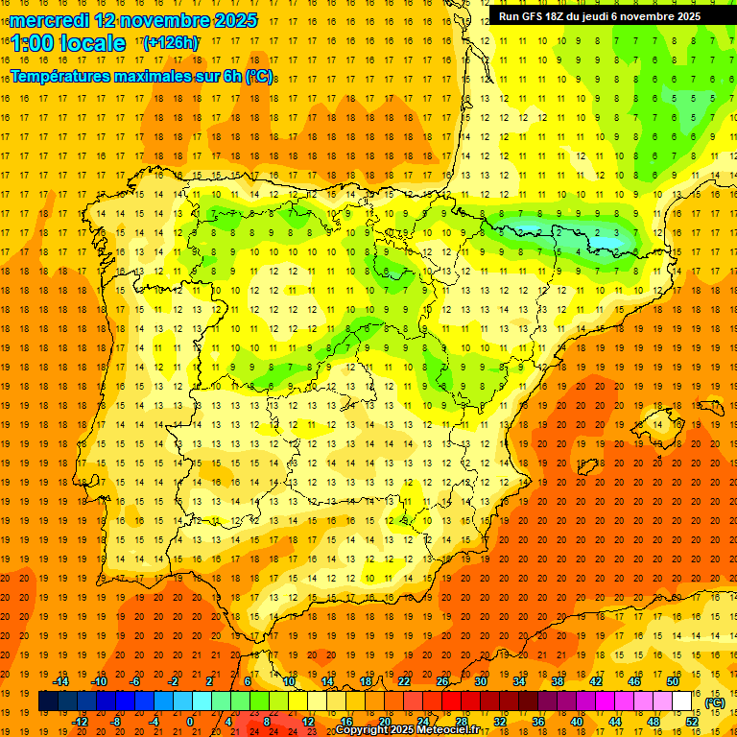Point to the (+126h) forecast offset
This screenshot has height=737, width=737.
coord(171,43)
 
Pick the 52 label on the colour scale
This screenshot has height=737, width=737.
coord(692,722)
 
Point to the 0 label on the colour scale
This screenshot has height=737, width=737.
coord(191,722)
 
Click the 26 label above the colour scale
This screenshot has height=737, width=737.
coord(442,681)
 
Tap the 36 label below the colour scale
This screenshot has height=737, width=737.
coord(537,722)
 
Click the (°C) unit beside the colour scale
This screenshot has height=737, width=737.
coord(714,702)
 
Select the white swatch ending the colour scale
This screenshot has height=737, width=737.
coord(681,701)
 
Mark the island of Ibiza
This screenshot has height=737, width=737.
coord(586,467)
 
